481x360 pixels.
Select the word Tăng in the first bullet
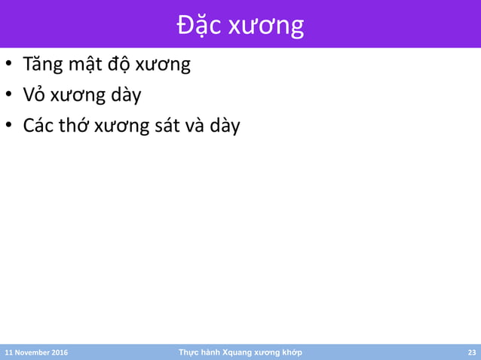tap(42, 65)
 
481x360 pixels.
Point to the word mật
tap(85, 65)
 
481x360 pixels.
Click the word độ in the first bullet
tap(121, 65)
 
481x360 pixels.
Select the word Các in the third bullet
tap(38, 125)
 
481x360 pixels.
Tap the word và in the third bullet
tap(198, 125)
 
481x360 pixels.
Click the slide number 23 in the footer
tap(472, 352)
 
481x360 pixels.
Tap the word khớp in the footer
tap(288, 352)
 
